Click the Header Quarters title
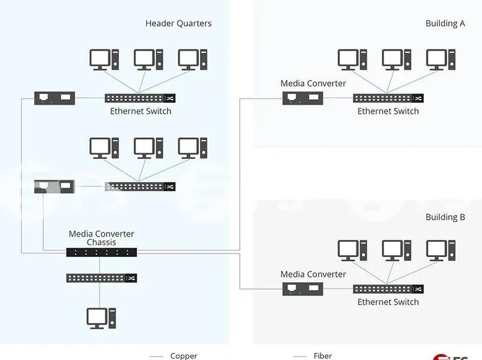pyautogui.click(x=178, y=23)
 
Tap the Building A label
pyautogui.click(x=445, y=23)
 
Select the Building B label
pyautogui.click(x=445, y=217)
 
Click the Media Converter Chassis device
pyautogui.click(x=101, y=252)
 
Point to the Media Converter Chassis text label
pyautogui.click(x=101, y=238)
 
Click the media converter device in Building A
pyautogui.click(x=303, y=98)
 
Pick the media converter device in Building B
pyautogui.click(x=303, y=289)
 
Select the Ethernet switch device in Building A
pyautogui.click(x=388, y=98)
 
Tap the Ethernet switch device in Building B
pyautogui.click(x=388, y=289)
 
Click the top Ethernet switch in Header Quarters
pyautogui.click(x=140, y=98)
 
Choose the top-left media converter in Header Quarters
pyautogui.click(x=55, y=98)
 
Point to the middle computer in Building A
pyautogui.click(x=393, y=60)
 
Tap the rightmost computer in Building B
pyautogui.click(x=440, y=250)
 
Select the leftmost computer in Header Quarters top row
pyautogui.click(x=101, y=60)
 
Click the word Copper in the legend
pyautogui.click(x=184, y=356)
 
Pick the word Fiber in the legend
pyautogui.click(x=323, y=356)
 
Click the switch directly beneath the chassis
pyautogui.click(x=101, y=278)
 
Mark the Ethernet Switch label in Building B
pyautogui.click(x=388, y=302)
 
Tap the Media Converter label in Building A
pyautogui.click(x=313, y=83)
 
